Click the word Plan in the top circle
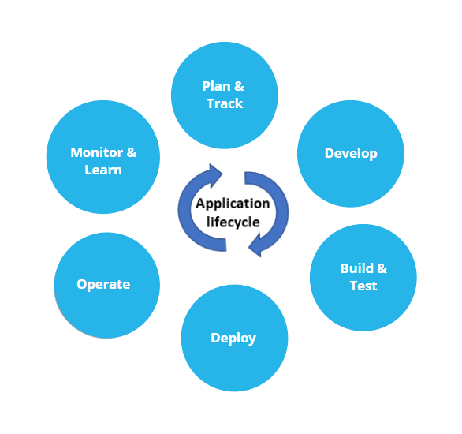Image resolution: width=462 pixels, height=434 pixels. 216,86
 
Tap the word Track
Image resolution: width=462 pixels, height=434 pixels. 225,103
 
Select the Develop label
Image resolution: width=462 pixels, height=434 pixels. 351,154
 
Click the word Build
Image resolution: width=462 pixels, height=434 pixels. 357,268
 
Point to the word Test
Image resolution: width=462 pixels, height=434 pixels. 363,286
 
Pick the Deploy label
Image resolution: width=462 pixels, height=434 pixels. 233,339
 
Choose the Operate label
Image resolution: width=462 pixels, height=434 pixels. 103,285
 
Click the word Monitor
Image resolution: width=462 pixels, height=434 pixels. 97,152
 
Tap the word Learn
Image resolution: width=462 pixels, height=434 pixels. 103,170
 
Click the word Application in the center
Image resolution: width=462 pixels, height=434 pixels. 233,204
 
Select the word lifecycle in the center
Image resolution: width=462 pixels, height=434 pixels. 233,223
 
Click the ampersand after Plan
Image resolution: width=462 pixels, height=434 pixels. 239,86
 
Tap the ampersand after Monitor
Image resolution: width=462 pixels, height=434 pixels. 132,152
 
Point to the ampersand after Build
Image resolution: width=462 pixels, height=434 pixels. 382,268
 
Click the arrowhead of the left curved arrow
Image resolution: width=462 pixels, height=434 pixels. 215,176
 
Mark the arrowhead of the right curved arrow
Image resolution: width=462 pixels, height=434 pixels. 255,245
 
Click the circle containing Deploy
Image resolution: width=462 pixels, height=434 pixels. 234,339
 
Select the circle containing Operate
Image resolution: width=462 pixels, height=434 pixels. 107,286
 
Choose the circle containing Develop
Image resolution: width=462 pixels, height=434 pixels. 351,154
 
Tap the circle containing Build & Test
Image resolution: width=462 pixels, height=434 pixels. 363,278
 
